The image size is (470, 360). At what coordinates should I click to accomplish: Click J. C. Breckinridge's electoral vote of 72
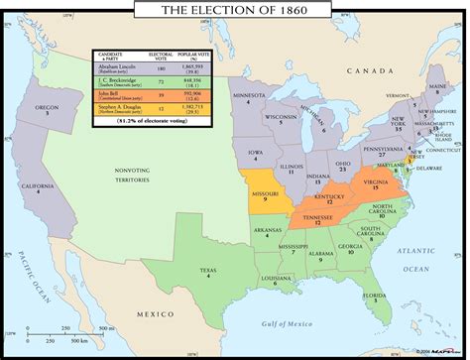(183, 82)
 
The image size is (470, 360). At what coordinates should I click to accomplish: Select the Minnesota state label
(250, 98)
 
